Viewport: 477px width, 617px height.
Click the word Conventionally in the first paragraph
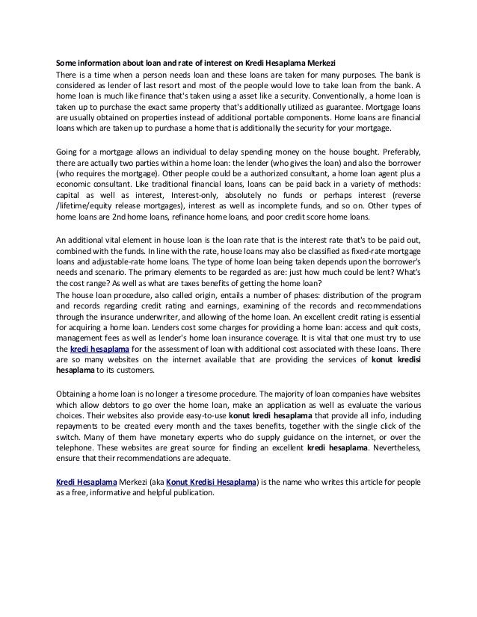(300, 96)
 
